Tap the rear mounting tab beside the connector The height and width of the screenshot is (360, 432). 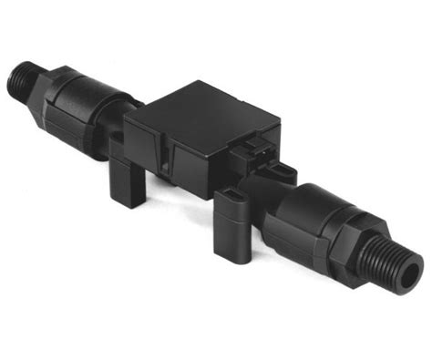pyautogui.click(x=283, y=173)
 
